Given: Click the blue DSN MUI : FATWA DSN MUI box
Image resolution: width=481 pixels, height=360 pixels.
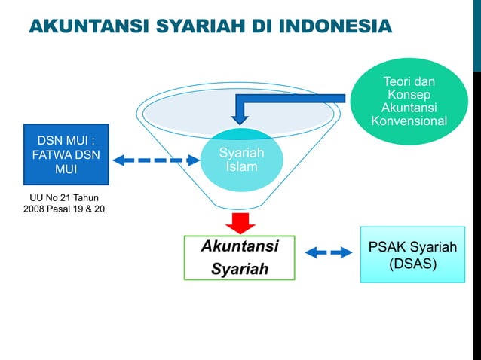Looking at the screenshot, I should coord(66,154).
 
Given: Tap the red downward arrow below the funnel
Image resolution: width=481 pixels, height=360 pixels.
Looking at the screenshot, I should coord(240,222).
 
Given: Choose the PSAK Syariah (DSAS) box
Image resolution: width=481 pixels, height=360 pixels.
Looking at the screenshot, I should coord(412,255).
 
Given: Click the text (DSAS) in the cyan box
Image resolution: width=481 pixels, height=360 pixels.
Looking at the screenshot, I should coord(412,264).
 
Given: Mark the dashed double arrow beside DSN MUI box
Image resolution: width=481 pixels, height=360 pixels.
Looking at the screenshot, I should coord(155,160).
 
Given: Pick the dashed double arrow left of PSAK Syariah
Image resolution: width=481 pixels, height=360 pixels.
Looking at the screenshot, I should coord(329,252).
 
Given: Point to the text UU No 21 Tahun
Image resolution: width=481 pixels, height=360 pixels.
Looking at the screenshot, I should coord(64,197).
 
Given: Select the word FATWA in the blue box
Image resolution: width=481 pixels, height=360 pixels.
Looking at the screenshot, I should coord(49,156).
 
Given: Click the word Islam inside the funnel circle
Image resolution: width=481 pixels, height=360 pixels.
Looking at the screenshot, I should coord(241,167).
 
